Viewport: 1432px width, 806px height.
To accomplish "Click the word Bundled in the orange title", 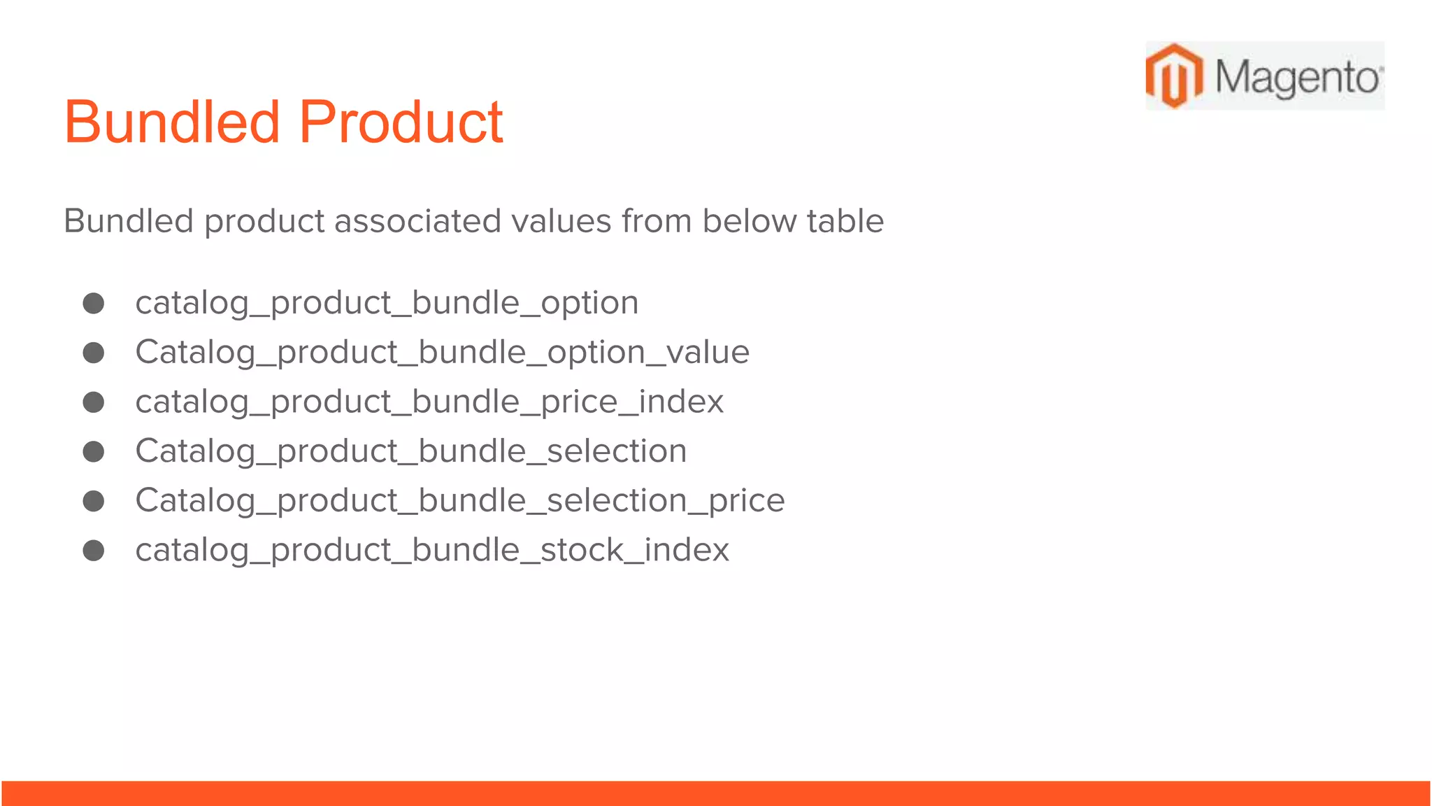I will pos(171,122).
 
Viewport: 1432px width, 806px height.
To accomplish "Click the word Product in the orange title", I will pos(401,122).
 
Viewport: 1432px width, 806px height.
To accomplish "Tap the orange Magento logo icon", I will pos(1174,76).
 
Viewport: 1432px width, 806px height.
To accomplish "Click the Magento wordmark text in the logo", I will pos(1297,77).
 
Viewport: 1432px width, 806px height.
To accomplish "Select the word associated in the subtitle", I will pos(417,221).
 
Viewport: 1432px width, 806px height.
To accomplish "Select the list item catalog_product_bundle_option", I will pos(387,303).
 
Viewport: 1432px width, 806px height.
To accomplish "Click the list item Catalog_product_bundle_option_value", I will pos(442,352).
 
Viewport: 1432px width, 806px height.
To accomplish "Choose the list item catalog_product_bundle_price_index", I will pos(429,402).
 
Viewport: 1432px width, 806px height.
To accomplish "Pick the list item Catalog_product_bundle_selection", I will pos(410,451).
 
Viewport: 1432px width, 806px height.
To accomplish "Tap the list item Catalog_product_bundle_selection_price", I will pos(459,501).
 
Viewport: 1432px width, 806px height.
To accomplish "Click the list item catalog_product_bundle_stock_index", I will pos(432,550).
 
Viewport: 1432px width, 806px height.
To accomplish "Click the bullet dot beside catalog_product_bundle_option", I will pos(94,303).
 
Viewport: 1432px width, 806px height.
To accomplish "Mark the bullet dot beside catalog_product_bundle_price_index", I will pos(94,402).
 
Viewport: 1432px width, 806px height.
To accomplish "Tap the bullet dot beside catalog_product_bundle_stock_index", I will pos(94,551).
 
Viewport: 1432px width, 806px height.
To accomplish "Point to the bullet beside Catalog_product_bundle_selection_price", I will pos(94,501).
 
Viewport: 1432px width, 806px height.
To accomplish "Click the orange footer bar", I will pos(716,793).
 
